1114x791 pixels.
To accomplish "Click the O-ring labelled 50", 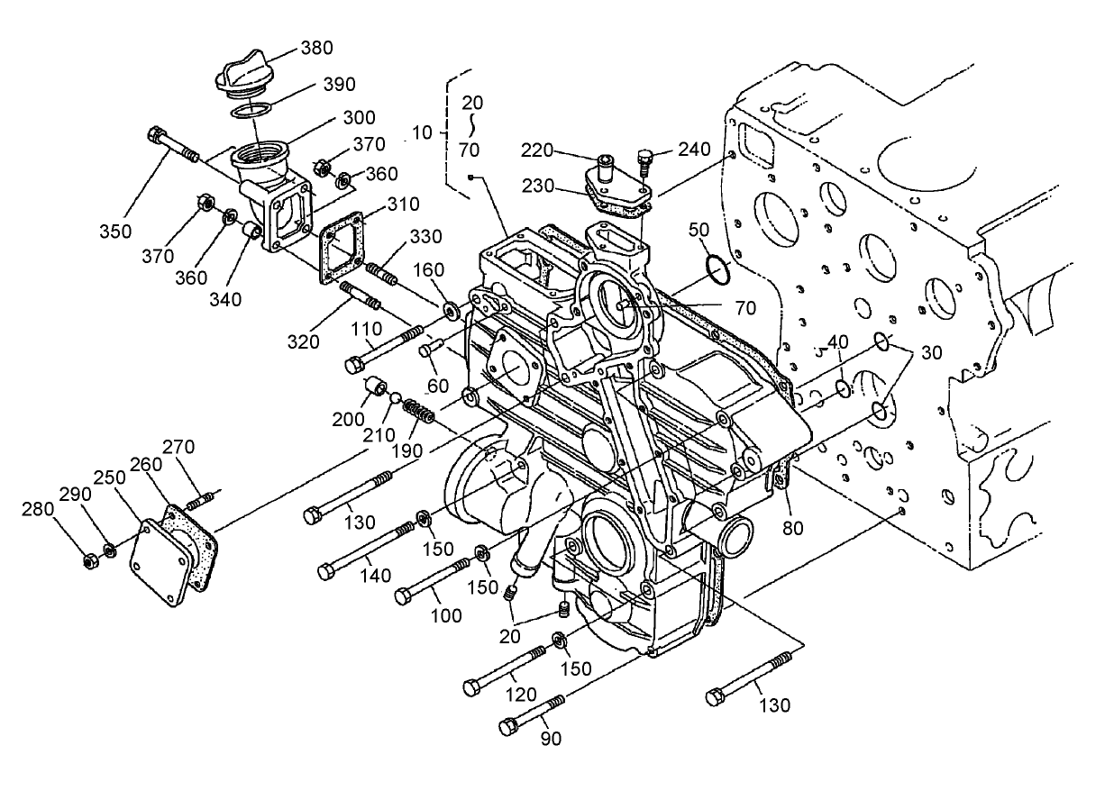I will (717, 268).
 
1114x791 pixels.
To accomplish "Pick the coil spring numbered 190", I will (418, 414).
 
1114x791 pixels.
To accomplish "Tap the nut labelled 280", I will (90, 561).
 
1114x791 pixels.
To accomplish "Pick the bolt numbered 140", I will (366, 550).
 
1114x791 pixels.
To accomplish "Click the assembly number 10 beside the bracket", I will (423, 133).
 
